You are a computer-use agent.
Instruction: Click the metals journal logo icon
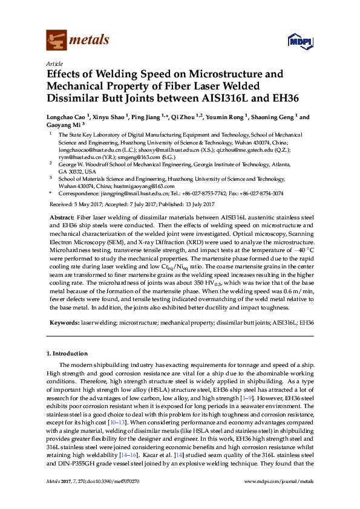(56, 40)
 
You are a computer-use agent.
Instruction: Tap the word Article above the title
(54, 63)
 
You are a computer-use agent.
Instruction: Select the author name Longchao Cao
(67, 117)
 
